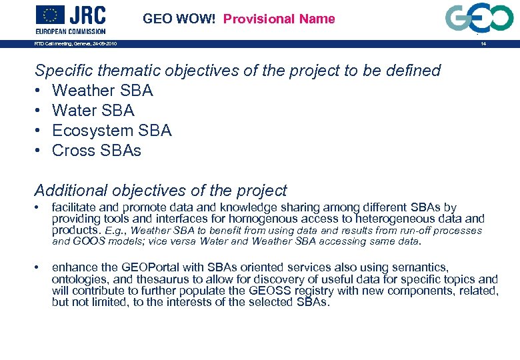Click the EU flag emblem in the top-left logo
pyautogui.click(x=50, y=15)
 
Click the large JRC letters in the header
pyautogui.click(x=87, y=15)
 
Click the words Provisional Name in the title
pyautogui.click(x=279, y=19)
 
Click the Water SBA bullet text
pyautogui.click(x=93, y=111)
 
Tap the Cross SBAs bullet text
pyautogui.click(x=96, y=151)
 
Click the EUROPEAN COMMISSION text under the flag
pyautogui.click(x=70, y=31)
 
